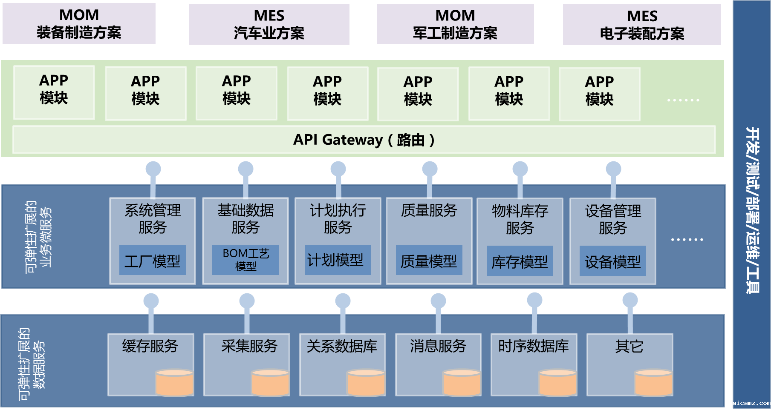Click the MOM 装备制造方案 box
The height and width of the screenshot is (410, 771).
(x=79, y=24)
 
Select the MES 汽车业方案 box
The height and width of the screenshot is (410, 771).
(x=269, y=24)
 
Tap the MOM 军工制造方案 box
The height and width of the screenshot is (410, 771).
(x=455, y=24)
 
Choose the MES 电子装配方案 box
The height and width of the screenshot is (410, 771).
(x=642, y=25)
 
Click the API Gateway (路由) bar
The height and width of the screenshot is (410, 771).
(x=364, y=140)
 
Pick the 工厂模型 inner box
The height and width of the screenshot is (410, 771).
(x=152, y=261)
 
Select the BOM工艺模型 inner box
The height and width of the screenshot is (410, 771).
(x=245, y=260)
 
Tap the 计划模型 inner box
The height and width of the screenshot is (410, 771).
(x=338, y=260)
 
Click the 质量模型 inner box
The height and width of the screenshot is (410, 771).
(x=429, y=261)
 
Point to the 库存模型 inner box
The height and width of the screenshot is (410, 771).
(x=520, y=261)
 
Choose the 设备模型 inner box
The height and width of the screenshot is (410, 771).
(x=612, y=261)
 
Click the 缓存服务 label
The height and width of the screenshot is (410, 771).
(x=150, y=346)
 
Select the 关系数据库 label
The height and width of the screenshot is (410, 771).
(x=342, y=346)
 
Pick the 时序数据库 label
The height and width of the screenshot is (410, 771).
(x=534, y=346)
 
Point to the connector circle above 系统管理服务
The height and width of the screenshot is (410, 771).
(x=153, y=169)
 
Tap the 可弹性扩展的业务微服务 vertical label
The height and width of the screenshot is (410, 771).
(x=38, y=237)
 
